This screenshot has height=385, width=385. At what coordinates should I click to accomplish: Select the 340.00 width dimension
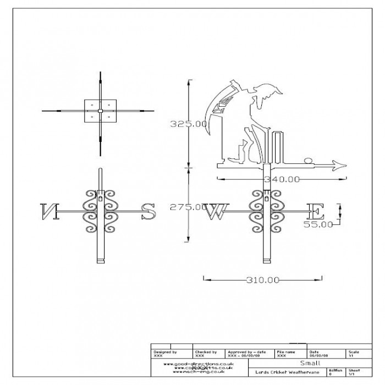click(x=281, y=179)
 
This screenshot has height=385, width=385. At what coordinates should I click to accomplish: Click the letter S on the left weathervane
click(x=148, y=212)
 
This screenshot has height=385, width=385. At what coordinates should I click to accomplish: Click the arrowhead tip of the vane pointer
click(x=346, y=164)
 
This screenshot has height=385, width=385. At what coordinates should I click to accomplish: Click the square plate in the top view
click(x=100, y=111)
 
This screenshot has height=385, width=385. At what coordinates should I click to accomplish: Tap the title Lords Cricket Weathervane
click(x=288, y=371)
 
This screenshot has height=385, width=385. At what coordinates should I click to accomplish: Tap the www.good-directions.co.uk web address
click(x=199, y=364)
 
